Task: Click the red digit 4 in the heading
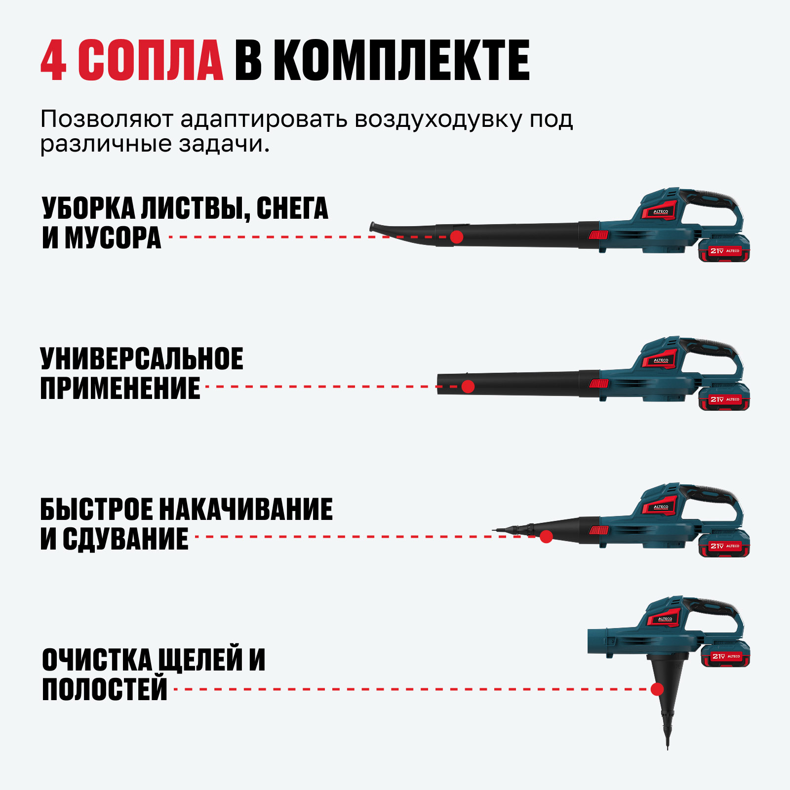[53, 60]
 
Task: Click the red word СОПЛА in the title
[151, 60]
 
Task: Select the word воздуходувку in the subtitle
[438, 120]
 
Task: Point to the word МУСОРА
[113, 237]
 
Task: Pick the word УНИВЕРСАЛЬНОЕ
[142, 358]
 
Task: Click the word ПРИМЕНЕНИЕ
[120, 388]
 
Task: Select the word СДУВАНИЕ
[125, 539]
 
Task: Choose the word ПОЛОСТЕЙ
[105, 689]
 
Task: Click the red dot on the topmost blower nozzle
[457, 237]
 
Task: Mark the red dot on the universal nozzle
[468, 387]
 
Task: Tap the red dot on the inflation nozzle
[546, 537]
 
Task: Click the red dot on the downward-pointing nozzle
[657, 689]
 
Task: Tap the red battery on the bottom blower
[725, 655]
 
